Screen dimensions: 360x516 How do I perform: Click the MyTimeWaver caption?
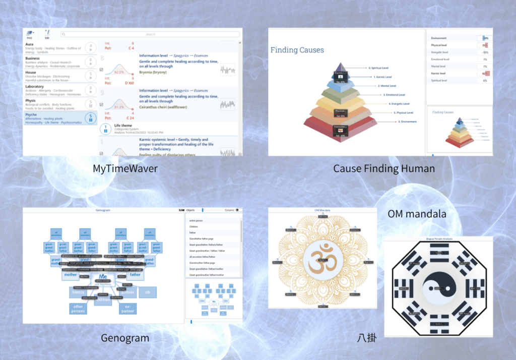pyautogui.click(x=125, y=168)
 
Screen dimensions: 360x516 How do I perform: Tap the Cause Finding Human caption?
pyautogui.click(x=384, y=168)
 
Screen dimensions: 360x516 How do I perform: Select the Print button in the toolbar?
pyautogui.click(x=29, y=34)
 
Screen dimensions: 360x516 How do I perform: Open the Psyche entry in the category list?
pyautogui.click(x=31, y=114)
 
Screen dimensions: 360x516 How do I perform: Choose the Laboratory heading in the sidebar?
pyautogui.click(x=35, y=86)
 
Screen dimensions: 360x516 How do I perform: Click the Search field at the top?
pyautogui.click(x=150, y=34)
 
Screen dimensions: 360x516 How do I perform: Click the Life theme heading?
pyautogui.click(x=124, y=125)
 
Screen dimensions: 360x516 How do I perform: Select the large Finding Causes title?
pyautogui.click(x=297, y=50)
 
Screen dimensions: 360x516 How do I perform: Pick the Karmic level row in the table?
pyautogui.click(x=440, y=74)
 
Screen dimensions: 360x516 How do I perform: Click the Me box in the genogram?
pyautogui.click(x=103, y=277)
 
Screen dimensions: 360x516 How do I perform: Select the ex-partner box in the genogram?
pyautogui.click(x=127, y=308)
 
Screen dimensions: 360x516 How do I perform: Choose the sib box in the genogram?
pyautogui.click(x=147, y=292)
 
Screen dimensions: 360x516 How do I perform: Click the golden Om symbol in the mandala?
pyautogui.click(x=322, y=259)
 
